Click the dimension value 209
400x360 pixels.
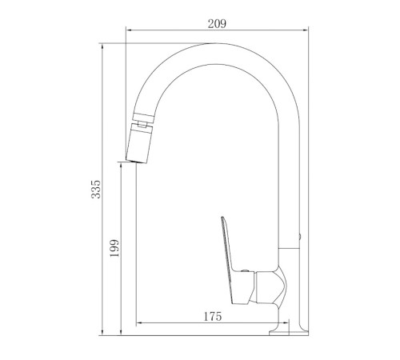coord(217,24)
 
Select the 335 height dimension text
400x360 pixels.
coord(96,189)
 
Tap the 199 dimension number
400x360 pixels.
coord(114,248)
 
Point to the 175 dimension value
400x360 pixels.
coord(213,317)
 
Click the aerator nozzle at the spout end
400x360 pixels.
coord(138,144)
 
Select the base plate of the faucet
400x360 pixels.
coord(289,333)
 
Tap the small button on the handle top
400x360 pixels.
coord(244,270)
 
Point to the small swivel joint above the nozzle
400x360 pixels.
coord(142,124)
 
